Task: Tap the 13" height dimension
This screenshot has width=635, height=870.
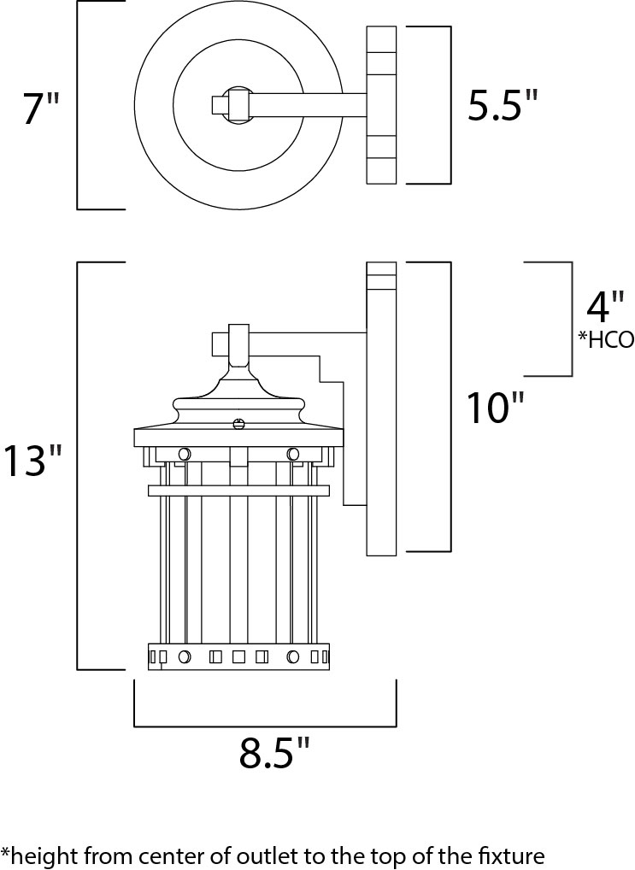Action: (32, 462)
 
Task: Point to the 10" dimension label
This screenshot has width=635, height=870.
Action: (493, 409)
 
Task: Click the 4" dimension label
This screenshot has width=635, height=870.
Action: (605, 306)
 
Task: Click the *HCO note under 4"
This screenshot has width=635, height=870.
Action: (605, 340)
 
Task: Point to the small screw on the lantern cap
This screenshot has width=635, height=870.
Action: (239, 422)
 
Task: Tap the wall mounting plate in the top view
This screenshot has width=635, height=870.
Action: (381, 105)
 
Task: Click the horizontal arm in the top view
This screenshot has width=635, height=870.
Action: (308, 105)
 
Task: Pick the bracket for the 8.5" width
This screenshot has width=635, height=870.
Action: (265, 726)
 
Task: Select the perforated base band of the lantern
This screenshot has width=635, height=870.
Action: (238, 656)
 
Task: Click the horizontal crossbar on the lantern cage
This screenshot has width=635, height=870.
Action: (238, 491)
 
